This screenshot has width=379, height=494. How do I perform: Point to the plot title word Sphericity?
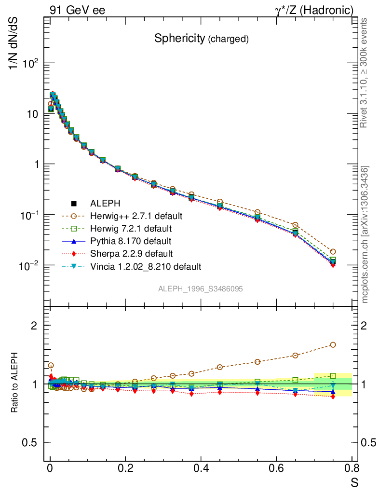pyautogui.click(x=179, y=39)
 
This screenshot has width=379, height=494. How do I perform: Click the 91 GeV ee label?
pyautogui.click(x=77, y=10)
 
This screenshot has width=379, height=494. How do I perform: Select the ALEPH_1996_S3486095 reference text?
pyautogui.click(x=201, y=289)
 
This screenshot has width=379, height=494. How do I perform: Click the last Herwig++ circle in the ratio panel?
pyautogui.click(x=333, y=344)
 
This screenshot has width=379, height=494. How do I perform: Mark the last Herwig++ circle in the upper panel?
pyautogui.click(x=333, y=251)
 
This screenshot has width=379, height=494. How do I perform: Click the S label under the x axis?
pyautogui.click(x=354, y=481)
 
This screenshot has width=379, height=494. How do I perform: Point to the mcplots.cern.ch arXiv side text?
pyautogui.click(x=365, y=235)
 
